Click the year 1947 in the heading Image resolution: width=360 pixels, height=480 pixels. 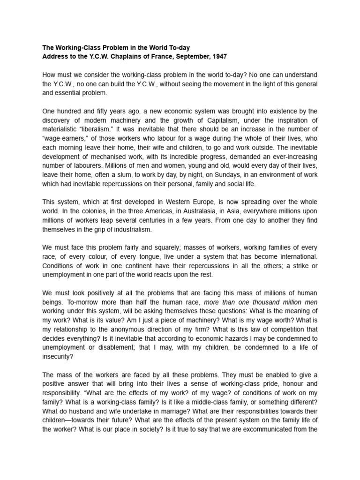click(x=218, y=57)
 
